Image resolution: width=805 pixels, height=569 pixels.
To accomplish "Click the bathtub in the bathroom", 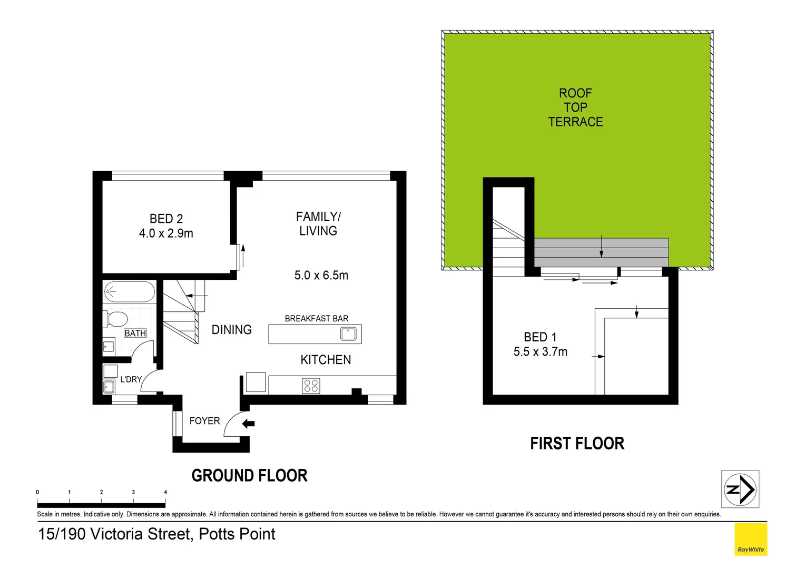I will pos(130,292).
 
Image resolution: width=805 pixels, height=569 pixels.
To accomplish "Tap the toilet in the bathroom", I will pos(117,319).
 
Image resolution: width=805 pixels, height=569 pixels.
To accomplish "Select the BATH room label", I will pos(135,333).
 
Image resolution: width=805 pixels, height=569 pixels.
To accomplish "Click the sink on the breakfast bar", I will pos(348,334).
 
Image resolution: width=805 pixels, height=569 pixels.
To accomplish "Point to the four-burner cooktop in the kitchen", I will pos(311,386).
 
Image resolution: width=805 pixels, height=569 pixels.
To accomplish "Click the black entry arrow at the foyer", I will pos(249,424).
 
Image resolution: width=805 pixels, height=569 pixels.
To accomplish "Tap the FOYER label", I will pos(204,421).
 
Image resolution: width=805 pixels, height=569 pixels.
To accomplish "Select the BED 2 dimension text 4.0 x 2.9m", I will pos(166,233).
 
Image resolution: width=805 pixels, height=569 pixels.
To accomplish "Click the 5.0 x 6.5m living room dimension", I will pos(321,276).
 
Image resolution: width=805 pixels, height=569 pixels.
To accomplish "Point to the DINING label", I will pos(231,330).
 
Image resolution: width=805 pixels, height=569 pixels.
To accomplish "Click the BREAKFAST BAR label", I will pos(316,319).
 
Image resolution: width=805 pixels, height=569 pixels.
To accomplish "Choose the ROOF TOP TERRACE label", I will pos(575,107).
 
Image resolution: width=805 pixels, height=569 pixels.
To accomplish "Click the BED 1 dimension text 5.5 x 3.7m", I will pos(540,352).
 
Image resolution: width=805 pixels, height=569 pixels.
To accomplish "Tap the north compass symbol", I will pos(740,489).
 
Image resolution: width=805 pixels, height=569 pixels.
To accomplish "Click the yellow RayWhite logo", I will pos(750,539).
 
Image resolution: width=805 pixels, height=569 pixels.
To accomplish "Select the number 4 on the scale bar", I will pos(165,493).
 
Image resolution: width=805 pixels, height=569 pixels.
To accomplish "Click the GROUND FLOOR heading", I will pos(249,476).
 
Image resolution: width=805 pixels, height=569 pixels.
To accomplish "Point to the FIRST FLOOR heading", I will pos(577,444).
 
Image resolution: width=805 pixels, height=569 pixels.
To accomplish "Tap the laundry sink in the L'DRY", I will pos(109,387).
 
